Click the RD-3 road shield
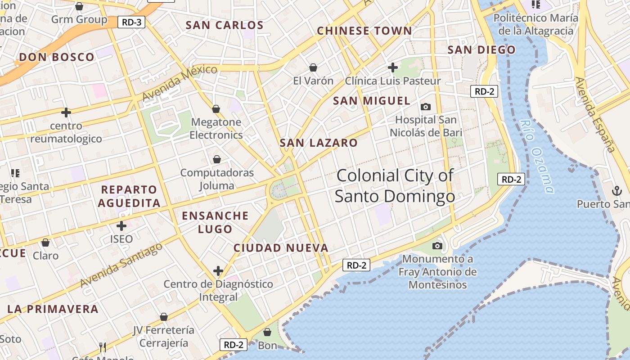click(131, 22)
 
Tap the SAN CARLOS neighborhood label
click(225, 25)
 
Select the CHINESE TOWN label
click(364, 31)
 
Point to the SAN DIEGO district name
click(481, 50)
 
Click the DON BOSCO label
click(57, 57)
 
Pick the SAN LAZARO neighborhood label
click(319, 143)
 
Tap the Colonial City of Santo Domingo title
click(395, 185)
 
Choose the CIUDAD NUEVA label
click(281, 248)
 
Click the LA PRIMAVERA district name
click(53, 309)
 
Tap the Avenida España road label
click(594, 114)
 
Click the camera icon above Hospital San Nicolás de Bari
click(425, 107)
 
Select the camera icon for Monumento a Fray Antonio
click(437, 246)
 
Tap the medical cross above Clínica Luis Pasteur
click(393, 67)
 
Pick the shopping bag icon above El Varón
click(313, 67)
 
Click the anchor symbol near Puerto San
click(616, 191)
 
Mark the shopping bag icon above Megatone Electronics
click(216, 109)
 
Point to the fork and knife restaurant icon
click(103, 347)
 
